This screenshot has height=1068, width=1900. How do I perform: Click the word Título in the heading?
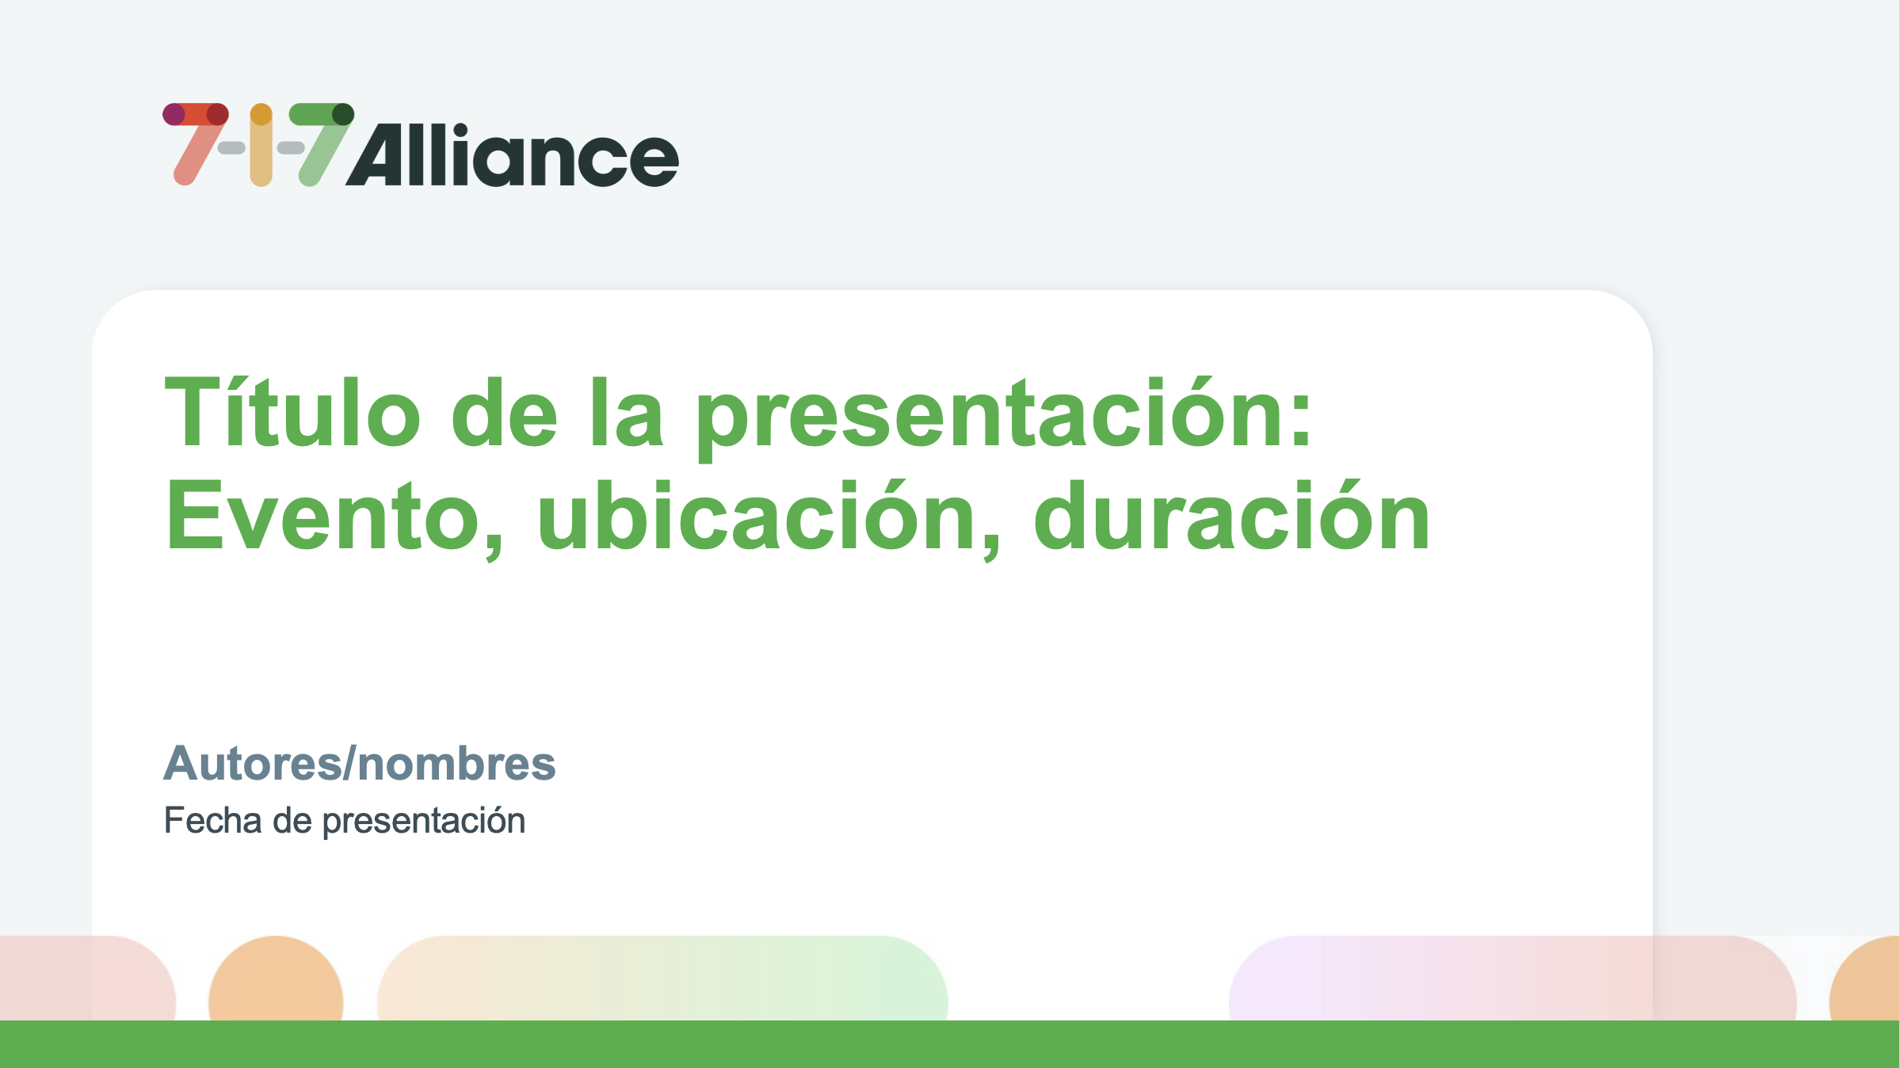coord(292,412)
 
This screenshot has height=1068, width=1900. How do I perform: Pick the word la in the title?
coord(627,412)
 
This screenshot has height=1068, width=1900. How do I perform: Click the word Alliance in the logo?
coord(512,155)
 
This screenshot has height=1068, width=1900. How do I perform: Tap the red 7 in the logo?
coord(196,143)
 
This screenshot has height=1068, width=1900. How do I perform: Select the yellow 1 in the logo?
coord(261,145)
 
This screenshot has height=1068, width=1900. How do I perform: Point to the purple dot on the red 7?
coord(174,114)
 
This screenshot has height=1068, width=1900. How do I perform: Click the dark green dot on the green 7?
coord(343,114)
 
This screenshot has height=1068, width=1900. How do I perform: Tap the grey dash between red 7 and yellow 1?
coord(231,148)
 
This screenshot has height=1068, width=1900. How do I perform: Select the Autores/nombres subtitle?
coord(360,764)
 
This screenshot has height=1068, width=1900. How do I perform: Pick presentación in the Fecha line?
coord(424,822)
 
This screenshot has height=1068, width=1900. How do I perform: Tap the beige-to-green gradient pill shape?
coord(662,978)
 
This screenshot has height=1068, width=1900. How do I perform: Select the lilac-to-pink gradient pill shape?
coord(1513,978)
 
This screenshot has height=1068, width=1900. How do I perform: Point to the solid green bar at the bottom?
coord(950,1044)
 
